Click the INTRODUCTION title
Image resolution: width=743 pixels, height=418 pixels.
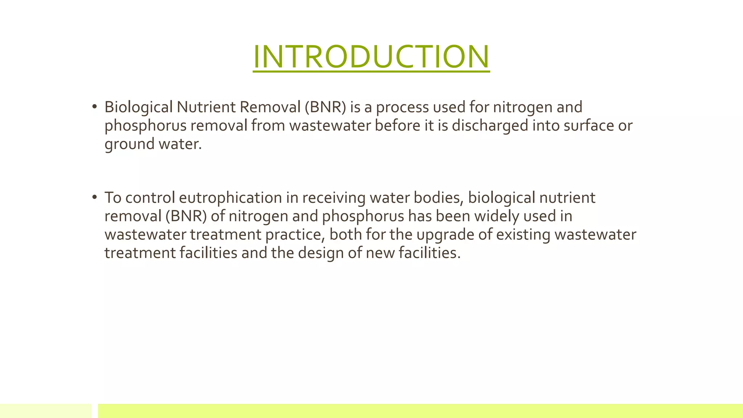[371, 57]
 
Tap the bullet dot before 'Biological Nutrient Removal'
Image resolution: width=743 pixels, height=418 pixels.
[95, 107]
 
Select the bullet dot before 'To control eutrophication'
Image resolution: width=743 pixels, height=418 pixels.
[95, 197]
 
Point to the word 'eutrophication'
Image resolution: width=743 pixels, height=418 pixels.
[230, 198]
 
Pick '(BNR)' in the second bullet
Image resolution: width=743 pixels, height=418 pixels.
[186, 217]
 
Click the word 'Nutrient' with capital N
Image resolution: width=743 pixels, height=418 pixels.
[206, 107]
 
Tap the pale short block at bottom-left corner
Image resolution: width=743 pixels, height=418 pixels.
[46, 411]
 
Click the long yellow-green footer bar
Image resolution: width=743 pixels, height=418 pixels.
[420, 411]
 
